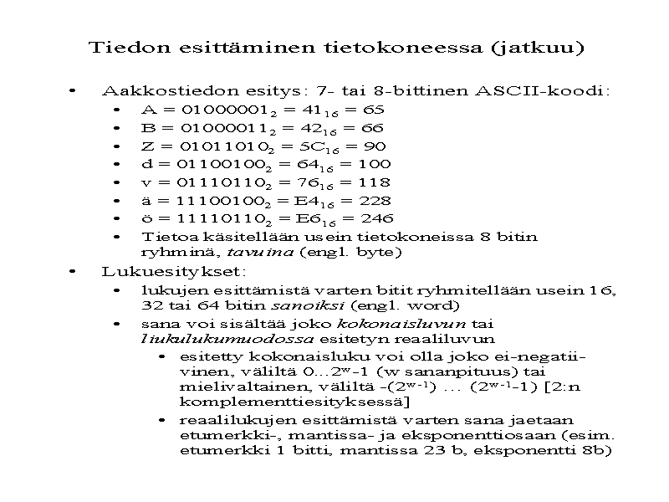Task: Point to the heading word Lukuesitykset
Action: click(173, 271)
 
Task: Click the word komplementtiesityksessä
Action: click(265, 402)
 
